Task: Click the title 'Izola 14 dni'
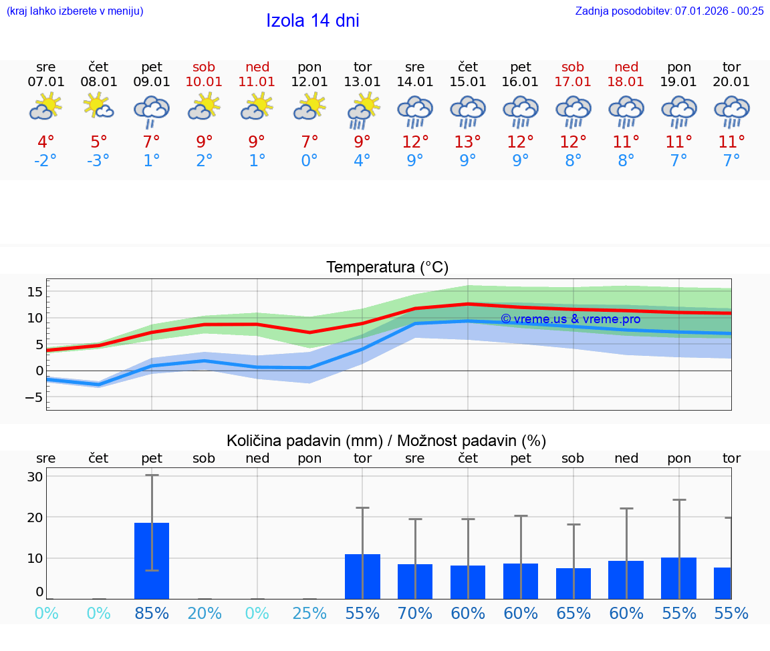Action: [312, 21]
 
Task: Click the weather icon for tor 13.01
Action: [362, 110]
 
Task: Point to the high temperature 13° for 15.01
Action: [468, 142]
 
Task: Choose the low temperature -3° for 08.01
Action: [98, 161]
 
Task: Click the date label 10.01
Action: [204, 82]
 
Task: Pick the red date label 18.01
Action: [626, 82]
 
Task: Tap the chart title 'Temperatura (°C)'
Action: [387, 268]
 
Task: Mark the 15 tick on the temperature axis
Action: [35, 292]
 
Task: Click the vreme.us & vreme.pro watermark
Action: [570, 319]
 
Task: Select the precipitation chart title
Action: [386, 441]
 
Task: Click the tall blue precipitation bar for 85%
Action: [152, 561]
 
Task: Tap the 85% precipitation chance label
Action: [152, 613]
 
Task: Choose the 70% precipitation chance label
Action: [415, 613]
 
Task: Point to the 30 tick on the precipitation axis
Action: [35, 477]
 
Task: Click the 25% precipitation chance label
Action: [309, 613]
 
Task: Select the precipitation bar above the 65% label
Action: [573, 583]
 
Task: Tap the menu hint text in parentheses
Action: [75, 11]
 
